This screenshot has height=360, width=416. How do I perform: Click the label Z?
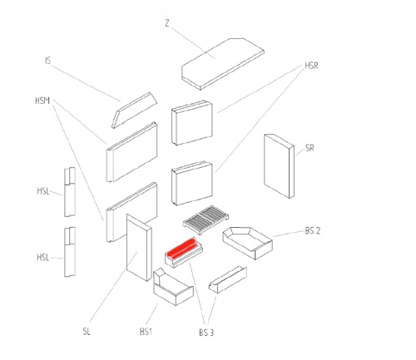tap(166, 23)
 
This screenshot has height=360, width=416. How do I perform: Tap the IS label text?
tap(47, 61)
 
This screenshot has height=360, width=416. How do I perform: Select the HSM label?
tap(42, 101)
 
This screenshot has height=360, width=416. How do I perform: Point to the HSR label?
tap(311, 66)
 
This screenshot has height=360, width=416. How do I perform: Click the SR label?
tap(310, 148)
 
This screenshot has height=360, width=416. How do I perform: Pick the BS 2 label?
tap(313, 230)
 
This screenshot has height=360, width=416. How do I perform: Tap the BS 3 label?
tap(206, 333)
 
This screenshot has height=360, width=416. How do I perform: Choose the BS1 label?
tap(146, 332)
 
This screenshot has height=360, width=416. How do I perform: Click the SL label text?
tap(87, 331)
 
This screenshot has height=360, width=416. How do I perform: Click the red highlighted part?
tap(181, 247)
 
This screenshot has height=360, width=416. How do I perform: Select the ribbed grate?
tap(206, 219)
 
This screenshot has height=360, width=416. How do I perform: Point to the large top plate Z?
tap(223, 64)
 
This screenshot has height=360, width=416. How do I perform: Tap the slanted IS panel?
tap(134, 111)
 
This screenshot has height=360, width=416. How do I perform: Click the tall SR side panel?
tap(279, 166)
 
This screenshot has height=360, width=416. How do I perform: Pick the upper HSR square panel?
tap(192, 123)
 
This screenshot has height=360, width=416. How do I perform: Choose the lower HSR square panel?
tap(192, 183)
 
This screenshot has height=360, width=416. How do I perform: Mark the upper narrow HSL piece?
tap(70, 192)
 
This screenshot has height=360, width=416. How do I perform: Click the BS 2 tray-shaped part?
tap(247, 243)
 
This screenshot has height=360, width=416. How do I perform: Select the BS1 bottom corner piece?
tap(173, 287)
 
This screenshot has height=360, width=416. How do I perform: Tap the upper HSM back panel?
tap(132, 152)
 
